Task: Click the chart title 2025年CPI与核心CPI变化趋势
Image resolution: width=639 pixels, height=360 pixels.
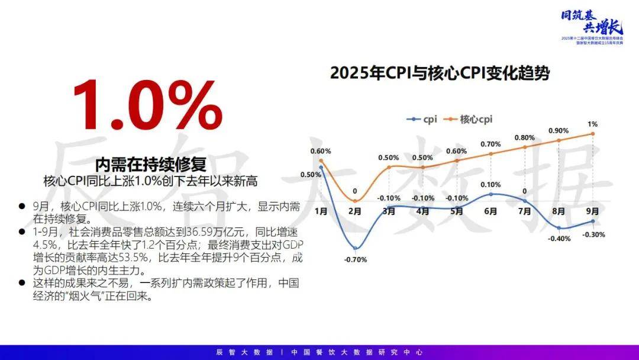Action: click(440, 73)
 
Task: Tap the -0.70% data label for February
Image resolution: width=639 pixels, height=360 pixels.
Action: click(356, 259)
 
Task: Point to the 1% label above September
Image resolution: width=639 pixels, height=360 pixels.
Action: click(592, 124)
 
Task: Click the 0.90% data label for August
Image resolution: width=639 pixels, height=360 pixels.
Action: click(559, 131)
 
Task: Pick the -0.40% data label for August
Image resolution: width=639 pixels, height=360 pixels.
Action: click(559, 239)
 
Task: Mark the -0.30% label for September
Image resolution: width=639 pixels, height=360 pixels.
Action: click(593, 234)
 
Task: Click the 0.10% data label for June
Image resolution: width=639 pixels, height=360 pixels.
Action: click(490, 184)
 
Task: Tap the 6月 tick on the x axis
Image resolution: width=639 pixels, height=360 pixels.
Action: click(490, 211)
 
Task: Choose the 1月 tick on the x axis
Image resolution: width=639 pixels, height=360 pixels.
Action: click(321, 211)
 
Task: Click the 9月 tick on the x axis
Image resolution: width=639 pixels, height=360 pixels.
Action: click(592, 211)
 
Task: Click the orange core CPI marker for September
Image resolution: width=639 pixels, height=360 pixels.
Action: click(592, 134)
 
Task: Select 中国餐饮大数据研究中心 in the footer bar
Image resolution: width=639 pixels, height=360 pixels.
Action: click(357, 352)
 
